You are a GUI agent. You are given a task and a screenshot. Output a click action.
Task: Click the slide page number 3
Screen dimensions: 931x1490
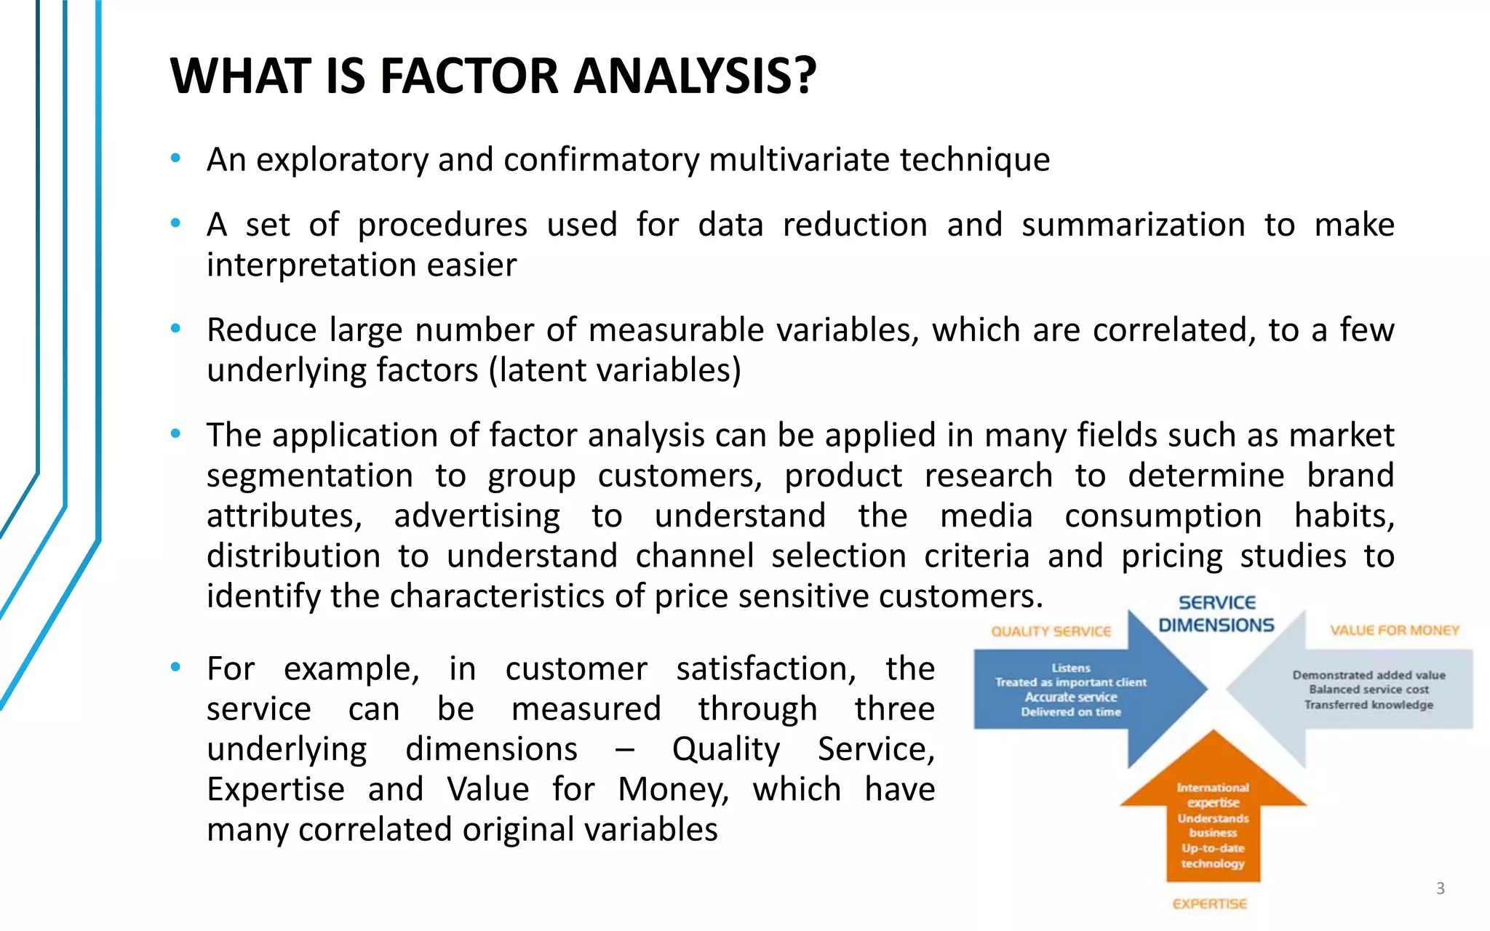[x=1440, y=888]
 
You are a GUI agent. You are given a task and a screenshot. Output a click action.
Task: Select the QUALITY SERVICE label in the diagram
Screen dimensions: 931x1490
[x=1051, y=631]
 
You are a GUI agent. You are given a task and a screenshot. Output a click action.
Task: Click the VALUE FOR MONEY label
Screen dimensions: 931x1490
[x=1395, y=631]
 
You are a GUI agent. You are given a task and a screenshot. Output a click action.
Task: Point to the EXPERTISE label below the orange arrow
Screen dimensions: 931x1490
[x=1209, y=904]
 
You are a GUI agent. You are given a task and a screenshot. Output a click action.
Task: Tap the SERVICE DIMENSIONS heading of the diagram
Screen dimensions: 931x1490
[x=1216, y=614]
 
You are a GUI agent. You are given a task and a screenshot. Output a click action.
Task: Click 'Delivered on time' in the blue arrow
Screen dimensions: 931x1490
[x=1070, y=712]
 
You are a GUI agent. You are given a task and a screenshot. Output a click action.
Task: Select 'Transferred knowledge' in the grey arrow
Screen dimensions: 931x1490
[x=1369, y=705]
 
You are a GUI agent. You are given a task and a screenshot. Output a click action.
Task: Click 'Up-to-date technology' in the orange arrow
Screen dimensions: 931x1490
[x=1213, y=856]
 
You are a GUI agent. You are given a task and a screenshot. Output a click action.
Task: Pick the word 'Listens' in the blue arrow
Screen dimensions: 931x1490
[x=1070, y=668]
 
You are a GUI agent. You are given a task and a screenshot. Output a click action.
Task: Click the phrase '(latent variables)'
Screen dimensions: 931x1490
[x=615, y=370]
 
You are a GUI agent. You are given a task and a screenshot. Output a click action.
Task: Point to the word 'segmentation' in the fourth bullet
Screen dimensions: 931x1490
[x=310, y=476]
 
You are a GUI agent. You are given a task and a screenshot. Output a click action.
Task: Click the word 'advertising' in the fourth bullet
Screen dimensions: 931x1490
[x=477, y=516]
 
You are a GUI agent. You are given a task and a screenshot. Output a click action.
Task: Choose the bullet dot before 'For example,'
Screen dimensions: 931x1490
[x=175, y=667]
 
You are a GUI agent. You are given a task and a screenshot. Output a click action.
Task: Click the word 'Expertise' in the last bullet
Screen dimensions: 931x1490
[x=276, y=789]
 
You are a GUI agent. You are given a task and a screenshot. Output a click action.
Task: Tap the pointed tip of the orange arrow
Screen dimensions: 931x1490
[x=1213, y=732]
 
